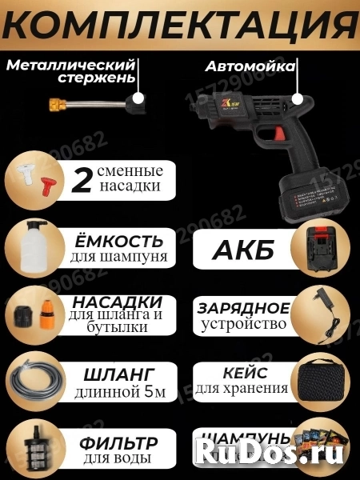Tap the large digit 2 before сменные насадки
coord(81,180)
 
